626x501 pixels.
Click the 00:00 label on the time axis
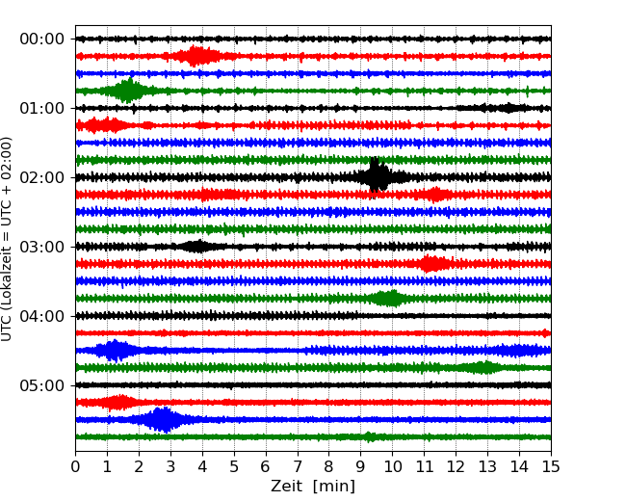pyautogui.click(x=41, y=39)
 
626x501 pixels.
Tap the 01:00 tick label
pyautogui.click(x=41, y=108)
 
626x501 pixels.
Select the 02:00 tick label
pyautogui.click(x=41, y=177)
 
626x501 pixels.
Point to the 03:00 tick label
pyautogui.click(x=41, y=247)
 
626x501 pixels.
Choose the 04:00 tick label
pyautogui.click(x=41, y=316)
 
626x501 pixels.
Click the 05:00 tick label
pyautogui.click(x=41, y=385)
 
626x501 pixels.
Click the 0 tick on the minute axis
pyautogui.click(x=76, y=466)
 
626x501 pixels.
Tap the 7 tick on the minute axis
pyautogui.click(x=298, y=466)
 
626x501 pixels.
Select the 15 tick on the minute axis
pyautogui.click(x=550, y=466)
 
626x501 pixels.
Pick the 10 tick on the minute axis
pyautogui.click(x=392, y=466)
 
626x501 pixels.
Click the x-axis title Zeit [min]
pyautogui.click(x=313, y=487)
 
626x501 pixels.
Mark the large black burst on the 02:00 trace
pyautogui.click(x=378, y=176)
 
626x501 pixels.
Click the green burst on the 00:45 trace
pyautogui.click(x=128, y=91)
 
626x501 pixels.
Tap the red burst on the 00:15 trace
pyautogui.click(x=197, y=56)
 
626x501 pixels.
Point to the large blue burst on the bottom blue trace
pyautogui.click(x=164, y=419)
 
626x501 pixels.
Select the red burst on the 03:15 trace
pyautogui.click(x=432, y=263)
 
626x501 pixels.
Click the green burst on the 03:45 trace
pyautogui.click(x=388, y=298)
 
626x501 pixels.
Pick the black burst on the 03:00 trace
pyautogui.click(x=196, y=246)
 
